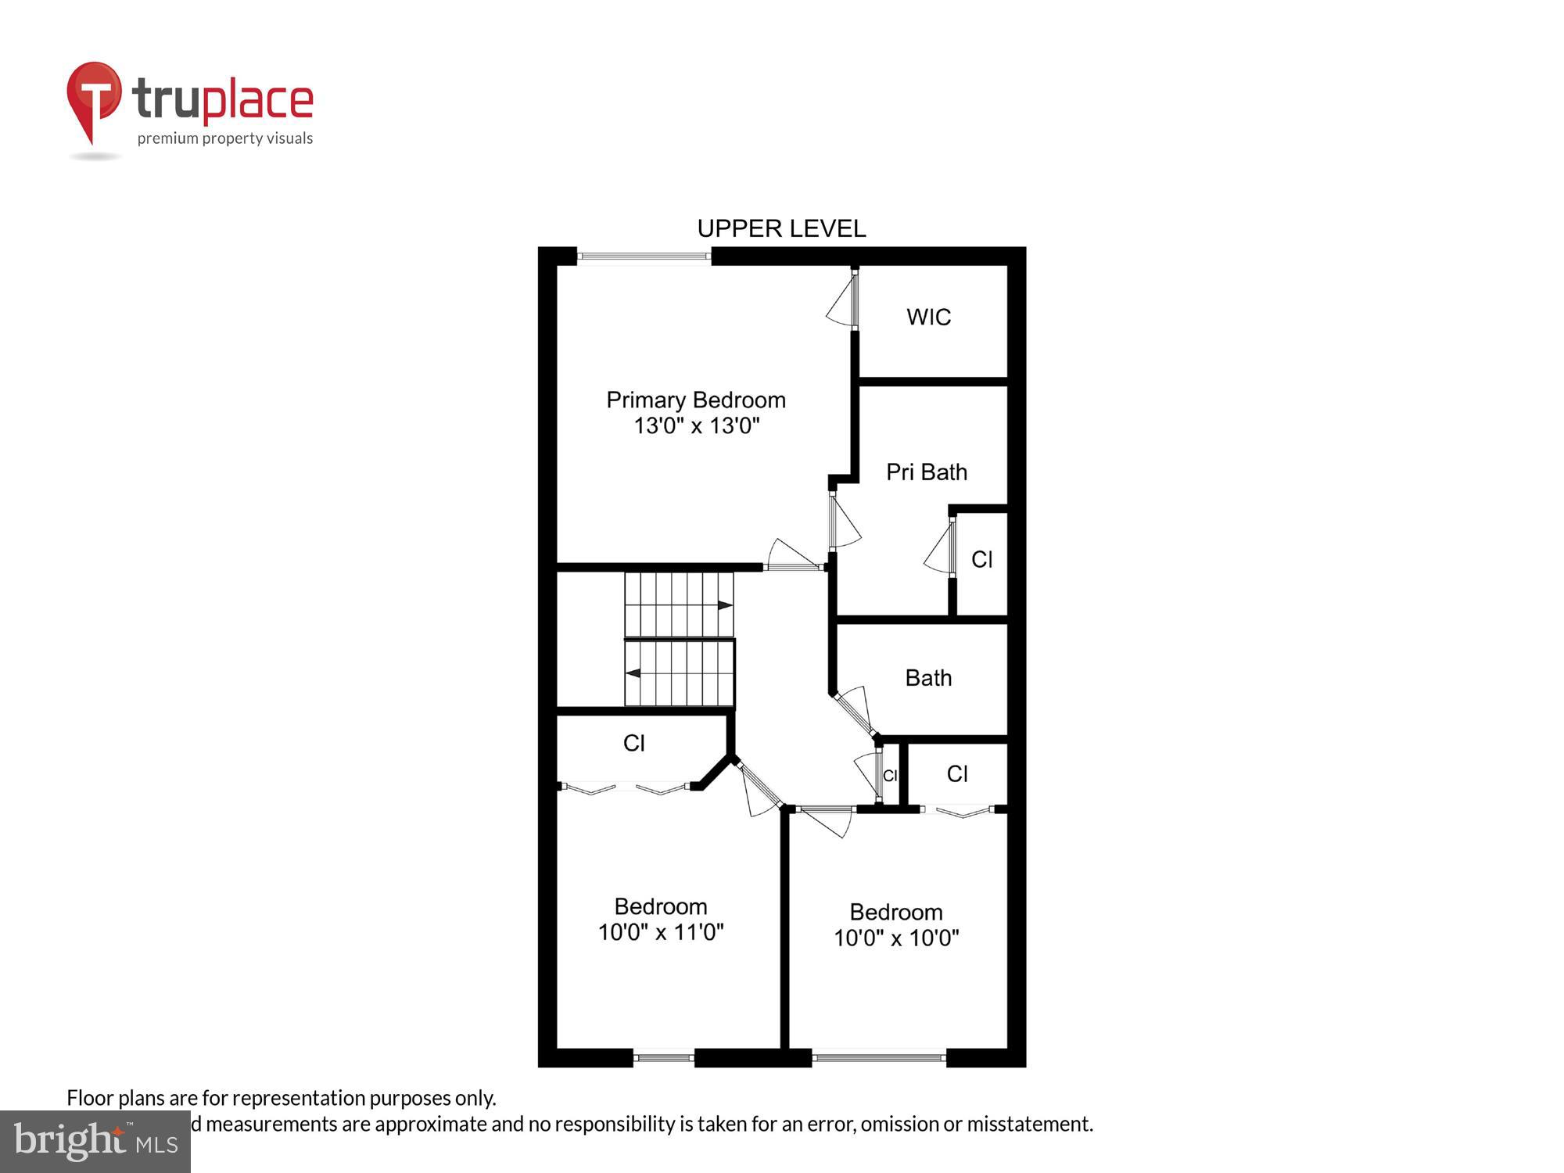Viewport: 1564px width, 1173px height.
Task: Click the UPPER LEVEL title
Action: click(x=781, y=228)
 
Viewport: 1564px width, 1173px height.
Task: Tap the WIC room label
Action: click(x=928, y=317)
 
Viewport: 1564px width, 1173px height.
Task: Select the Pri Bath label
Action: click(x=927, y=472)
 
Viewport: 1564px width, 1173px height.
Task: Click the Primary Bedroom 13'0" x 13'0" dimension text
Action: click(x=696, y=425)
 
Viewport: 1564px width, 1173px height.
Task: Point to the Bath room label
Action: click(x=928, y=677)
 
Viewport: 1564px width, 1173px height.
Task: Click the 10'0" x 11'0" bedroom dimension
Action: click(x=661, y=932)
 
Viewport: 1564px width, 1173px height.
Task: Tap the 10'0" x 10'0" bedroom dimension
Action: click(x=896, y=938)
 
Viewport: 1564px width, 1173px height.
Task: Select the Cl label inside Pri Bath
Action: click(x=981, y=559)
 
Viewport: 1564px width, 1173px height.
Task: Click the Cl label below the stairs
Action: click(x=633, y=743)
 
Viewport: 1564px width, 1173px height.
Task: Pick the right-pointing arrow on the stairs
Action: click(x=725, y=604)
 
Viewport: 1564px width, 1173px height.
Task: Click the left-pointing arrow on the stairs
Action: click(x=633, y=673)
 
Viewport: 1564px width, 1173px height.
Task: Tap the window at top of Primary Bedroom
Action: click(x=644, y=256)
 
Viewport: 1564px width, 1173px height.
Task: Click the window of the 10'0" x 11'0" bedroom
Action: click(x=663, y=1058)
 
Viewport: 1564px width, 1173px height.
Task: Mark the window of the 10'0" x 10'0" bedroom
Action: click(x=879, y=1058)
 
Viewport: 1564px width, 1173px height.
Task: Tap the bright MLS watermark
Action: click(x=95, y=1142)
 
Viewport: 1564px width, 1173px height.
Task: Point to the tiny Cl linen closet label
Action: click(x=889, y=775)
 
